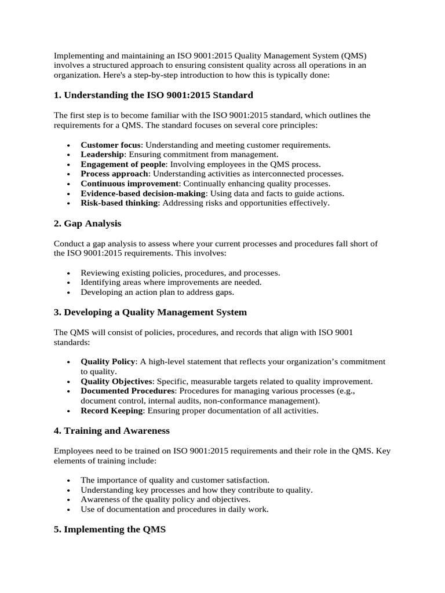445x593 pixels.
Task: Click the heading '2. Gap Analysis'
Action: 87,224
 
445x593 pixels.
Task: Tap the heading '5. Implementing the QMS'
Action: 110,529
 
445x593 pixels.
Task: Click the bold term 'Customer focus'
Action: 110,145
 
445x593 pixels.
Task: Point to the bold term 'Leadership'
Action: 102,155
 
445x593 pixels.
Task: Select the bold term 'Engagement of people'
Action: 123,164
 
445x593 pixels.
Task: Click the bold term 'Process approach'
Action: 115,174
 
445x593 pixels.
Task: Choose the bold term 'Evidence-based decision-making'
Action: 143,193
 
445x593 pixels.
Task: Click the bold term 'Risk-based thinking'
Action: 119,203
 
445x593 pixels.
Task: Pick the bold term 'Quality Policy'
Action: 108,361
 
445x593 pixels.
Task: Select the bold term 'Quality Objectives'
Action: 116,381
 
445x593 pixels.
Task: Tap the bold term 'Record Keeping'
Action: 111,411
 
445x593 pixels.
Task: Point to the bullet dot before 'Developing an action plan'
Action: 69,292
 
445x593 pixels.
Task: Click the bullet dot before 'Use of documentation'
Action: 69,510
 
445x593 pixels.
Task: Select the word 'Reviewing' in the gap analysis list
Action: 99,273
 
